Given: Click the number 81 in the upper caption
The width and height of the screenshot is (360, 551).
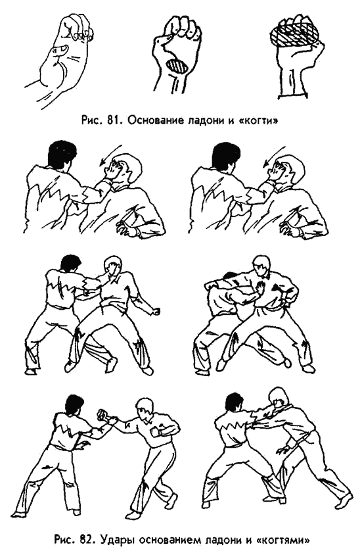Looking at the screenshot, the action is (112, 120).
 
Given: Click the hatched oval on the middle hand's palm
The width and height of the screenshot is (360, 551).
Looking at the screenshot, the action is (176, 66).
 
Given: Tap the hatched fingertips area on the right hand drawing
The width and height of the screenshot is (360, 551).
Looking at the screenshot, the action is (294, 33).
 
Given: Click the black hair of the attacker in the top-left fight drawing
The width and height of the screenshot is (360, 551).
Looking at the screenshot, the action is (62, 154).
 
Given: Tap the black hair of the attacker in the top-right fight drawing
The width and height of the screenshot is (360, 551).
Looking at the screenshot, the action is (226, 154).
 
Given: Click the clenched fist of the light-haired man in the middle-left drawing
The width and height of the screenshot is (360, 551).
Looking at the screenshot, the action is (156, 312).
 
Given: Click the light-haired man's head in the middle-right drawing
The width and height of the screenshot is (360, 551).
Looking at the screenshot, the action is (261, 266).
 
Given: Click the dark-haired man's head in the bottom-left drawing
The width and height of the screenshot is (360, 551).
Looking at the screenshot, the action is (75, 404).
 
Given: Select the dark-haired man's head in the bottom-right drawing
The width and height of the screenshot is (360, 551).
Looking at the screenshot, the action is (234, 403).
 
